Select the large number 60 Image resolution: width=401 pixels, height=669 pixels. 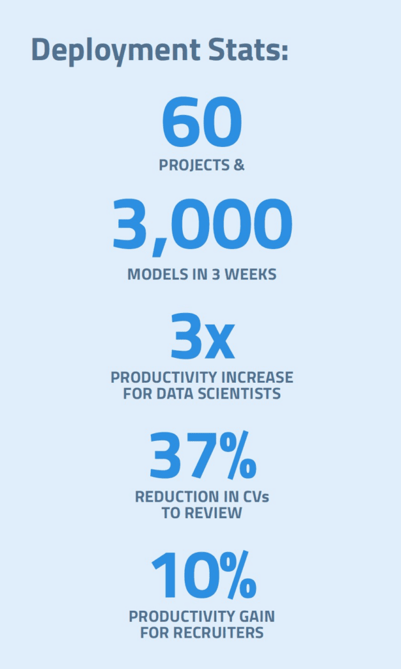202,122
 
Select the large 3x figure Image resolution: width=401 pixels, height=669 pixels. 202,336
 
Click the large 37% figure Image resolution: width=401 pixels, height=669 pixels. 203,455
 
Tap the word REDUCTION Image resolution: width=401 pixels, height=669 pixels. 170,497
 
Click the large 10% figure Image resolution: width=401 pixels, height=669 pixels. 204,575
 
